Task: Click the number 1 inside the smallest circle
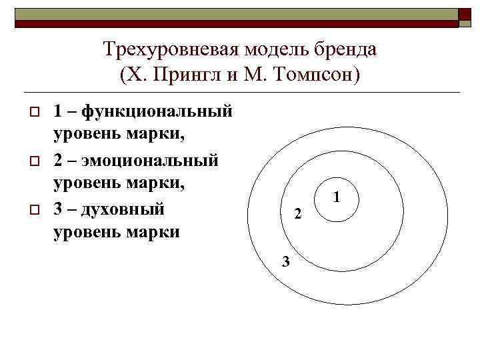point(337,197)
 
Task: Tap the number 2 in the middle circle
point(298,215)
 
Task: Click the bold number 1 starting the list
point(58,111)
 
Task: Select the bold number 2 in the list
point(58,160)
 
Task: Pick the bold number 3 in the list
point(58,209)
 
